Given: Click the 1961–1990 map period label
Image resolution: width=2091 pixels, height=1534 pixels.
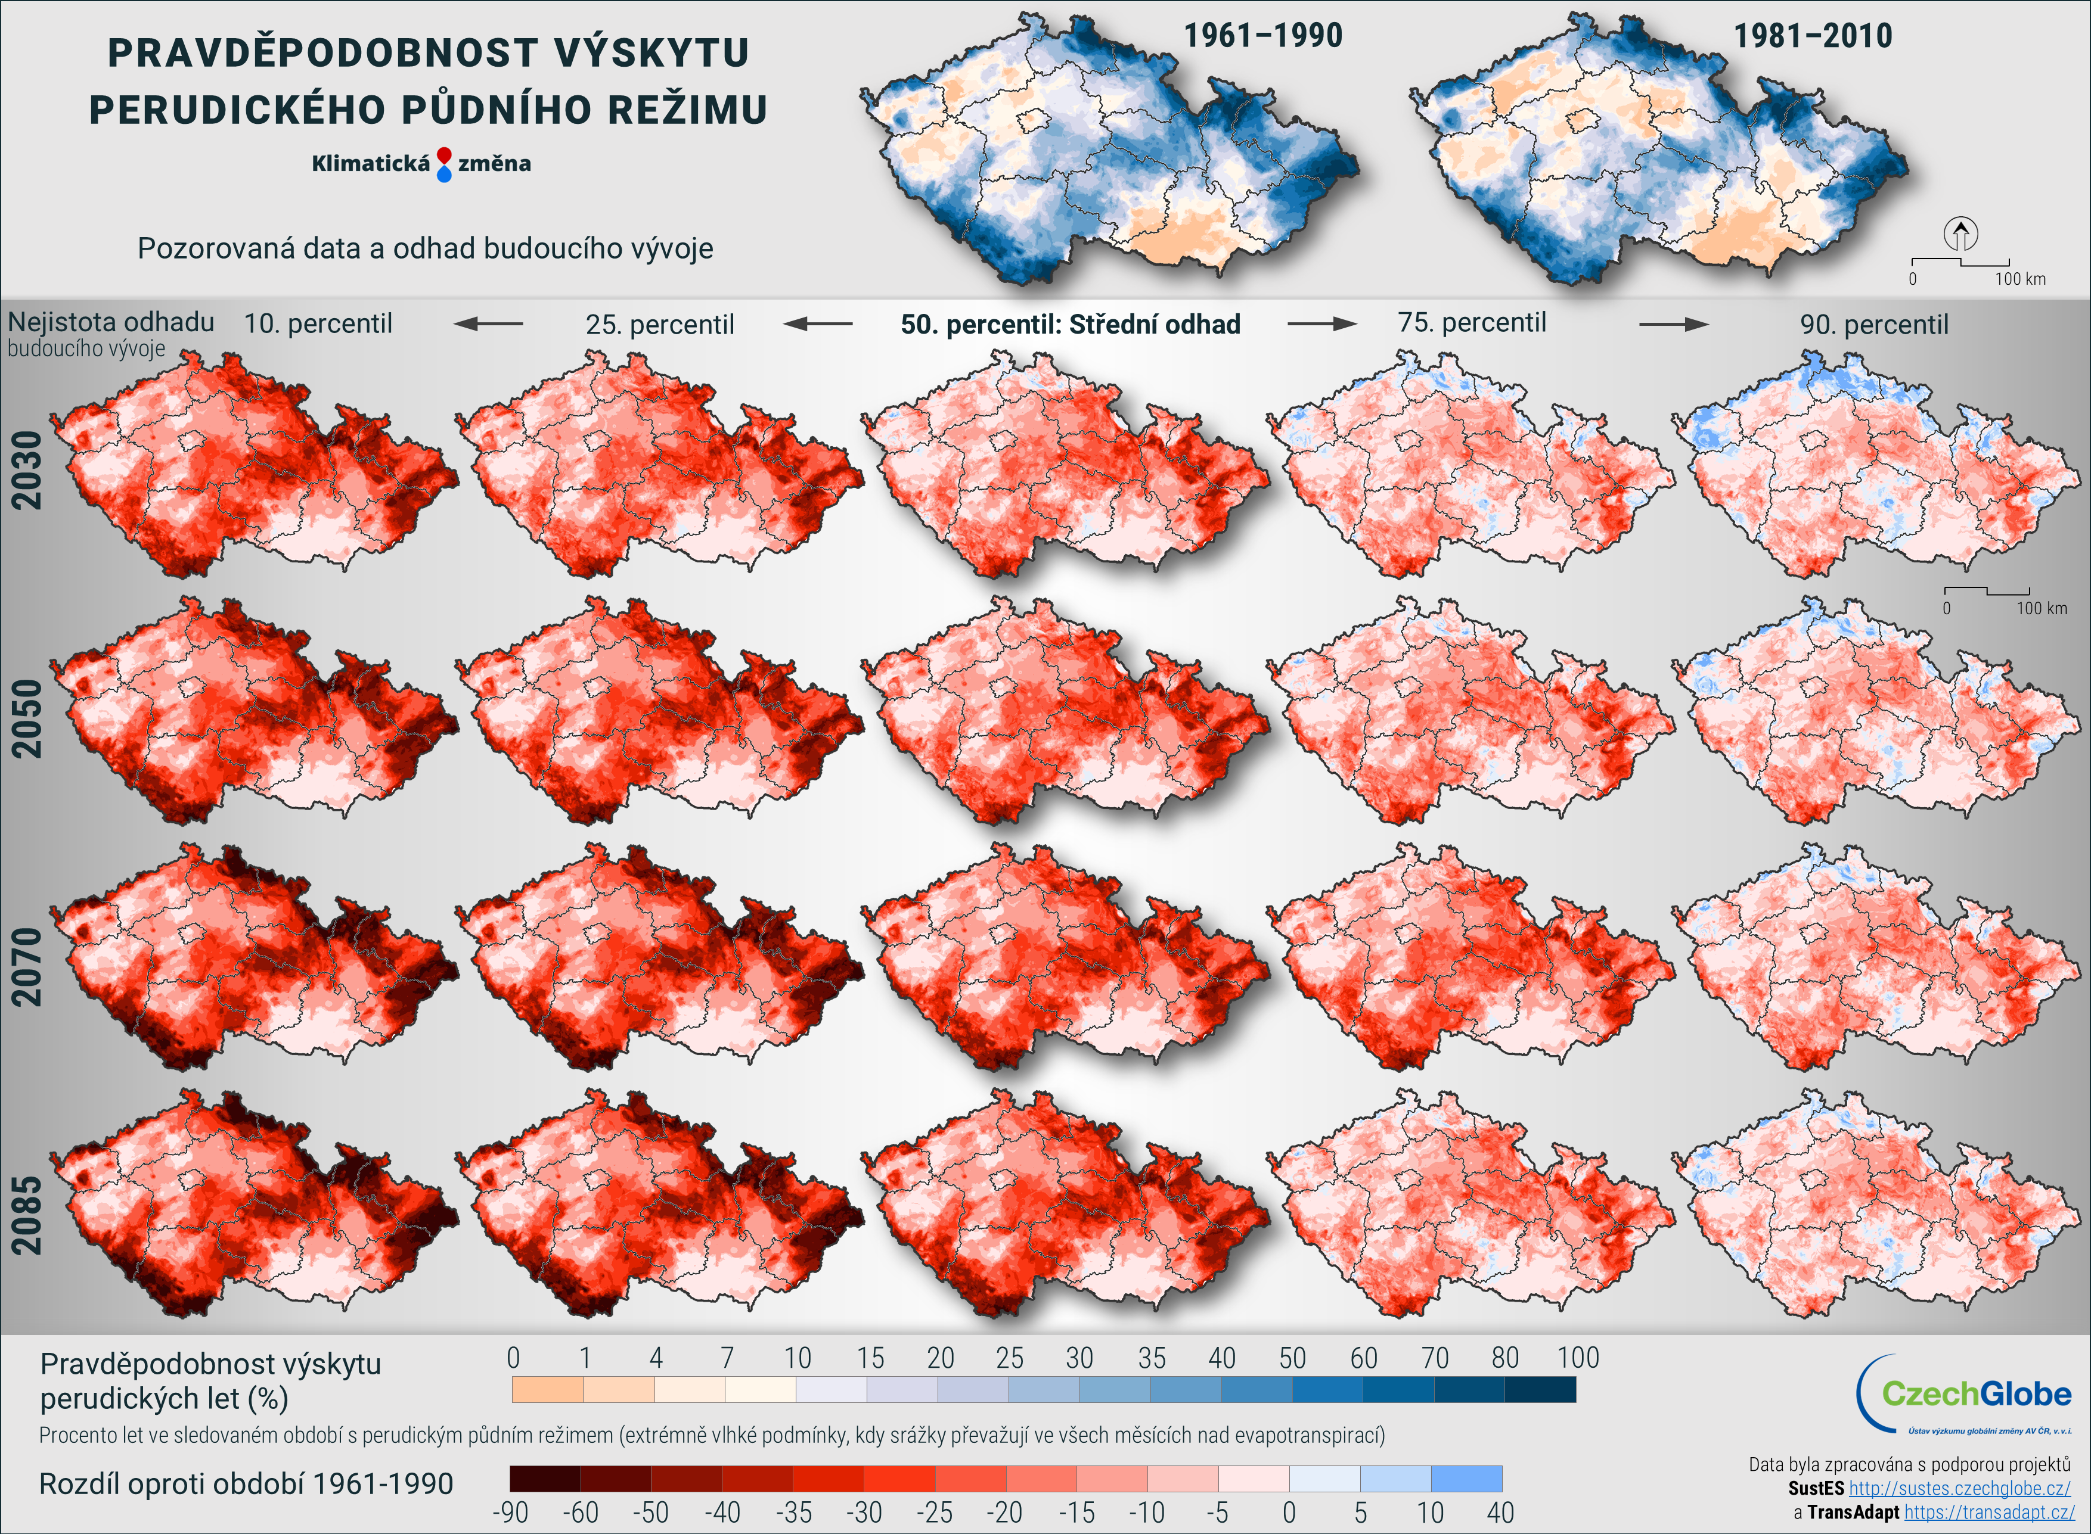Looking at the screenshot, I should click(1262, 36).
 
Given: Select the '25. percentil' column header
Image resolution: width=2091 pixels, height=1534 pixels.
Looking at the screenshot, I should click(659, 324).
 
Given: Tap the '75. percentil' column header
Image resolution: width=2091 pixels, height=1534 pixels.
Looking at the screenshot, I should click(1472, 322).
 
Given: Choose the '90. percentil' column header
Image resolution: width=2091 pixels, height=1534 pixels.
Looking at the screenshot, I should click(1873, 324).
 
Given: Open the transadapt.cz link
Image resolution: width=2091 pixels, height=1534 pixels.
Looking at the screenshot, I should click(1989, 1512).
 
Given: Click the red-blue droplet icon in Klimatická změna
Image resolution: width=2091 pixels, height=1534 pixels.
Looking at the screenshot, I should click(444, 163).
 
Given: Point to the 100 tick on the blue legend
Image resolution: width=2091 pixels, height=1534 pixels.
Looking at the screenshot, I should click(1577, 1358).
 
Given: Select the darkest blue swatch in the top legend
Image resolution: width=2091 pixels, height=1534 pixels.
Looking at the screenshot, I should click(1540, 1389).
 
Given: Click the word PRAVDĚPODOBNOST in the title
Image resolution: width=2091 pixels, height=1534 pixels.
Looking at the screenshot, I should click(321, 53).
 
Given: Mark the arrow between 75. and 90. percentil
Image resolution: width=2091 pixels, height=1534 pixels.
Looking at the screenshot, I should click(1673, 324).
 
